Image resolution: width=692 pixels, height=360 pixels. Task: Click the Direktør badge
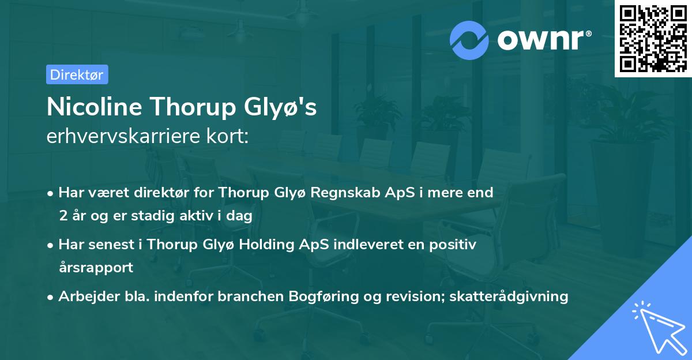pos(77,74)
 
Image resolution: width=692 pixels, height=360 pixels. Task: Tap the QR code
pos(653,39)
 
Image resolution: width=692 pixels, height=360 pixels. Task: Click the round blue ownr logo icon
pos(469,39)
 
